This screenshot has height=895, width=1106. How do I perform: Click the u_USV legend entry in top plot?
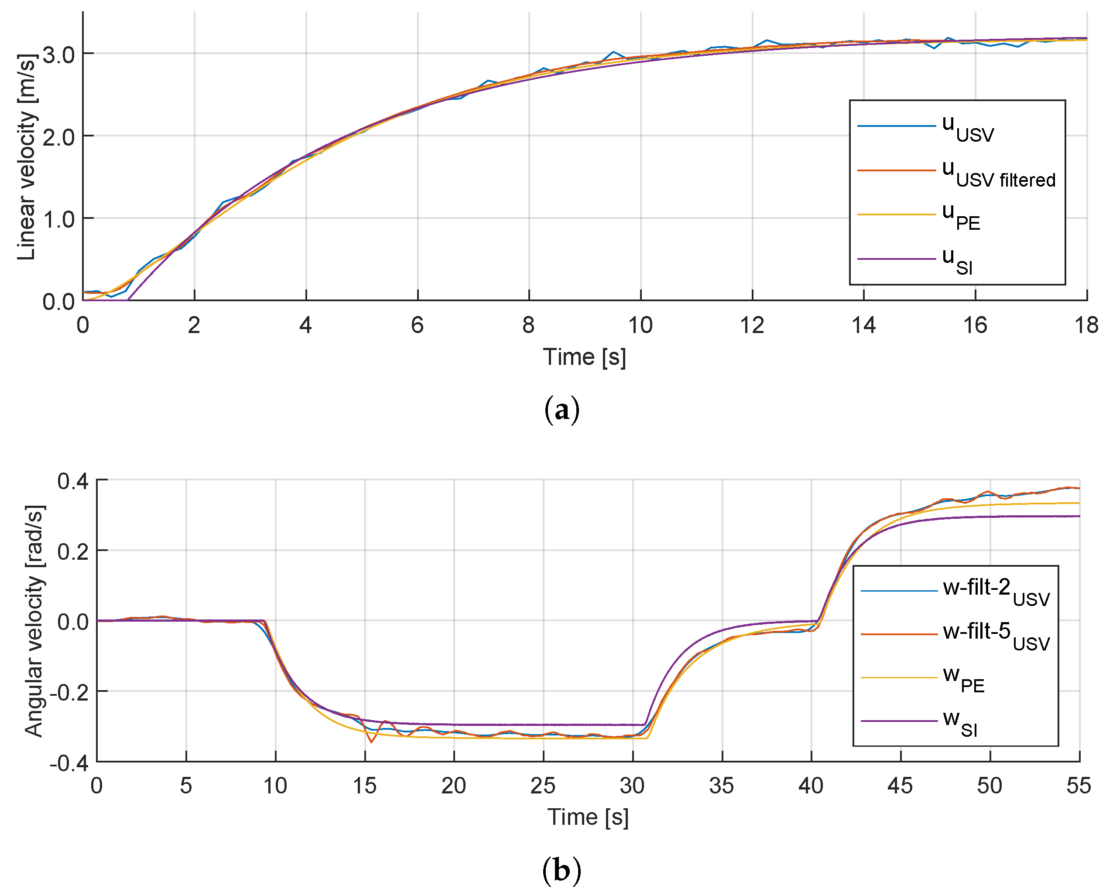pos(968,128)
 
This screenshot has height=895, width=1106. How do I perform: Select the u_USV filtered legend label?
pos(998,173)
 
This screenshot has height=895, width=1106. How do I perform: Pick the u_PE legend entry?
pos(961,216)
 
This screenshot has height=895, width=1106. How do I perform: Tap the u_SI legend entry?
pos(957,260)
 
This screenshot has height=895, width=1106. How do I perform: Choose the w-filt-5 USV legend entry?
pos(996,636)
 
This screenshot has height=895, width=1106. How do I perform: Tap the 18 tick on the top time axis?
pos(1086,326)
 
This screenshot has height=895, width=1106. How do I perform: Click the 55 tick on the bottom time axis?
pos(1078,786)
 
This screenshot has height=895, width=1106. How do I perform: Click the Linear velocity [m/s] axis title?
pos(27,157)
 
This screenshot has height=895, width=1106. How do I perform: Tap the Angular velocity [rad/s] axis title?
pos(34,621)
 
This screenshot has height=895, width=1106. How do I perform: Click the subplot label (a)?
pos(562,410)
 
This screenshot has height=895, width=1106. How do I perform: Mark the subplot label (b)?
pos(562,871)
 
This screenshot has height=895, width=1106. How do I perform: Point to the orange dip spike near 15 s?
pos(371,741)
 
